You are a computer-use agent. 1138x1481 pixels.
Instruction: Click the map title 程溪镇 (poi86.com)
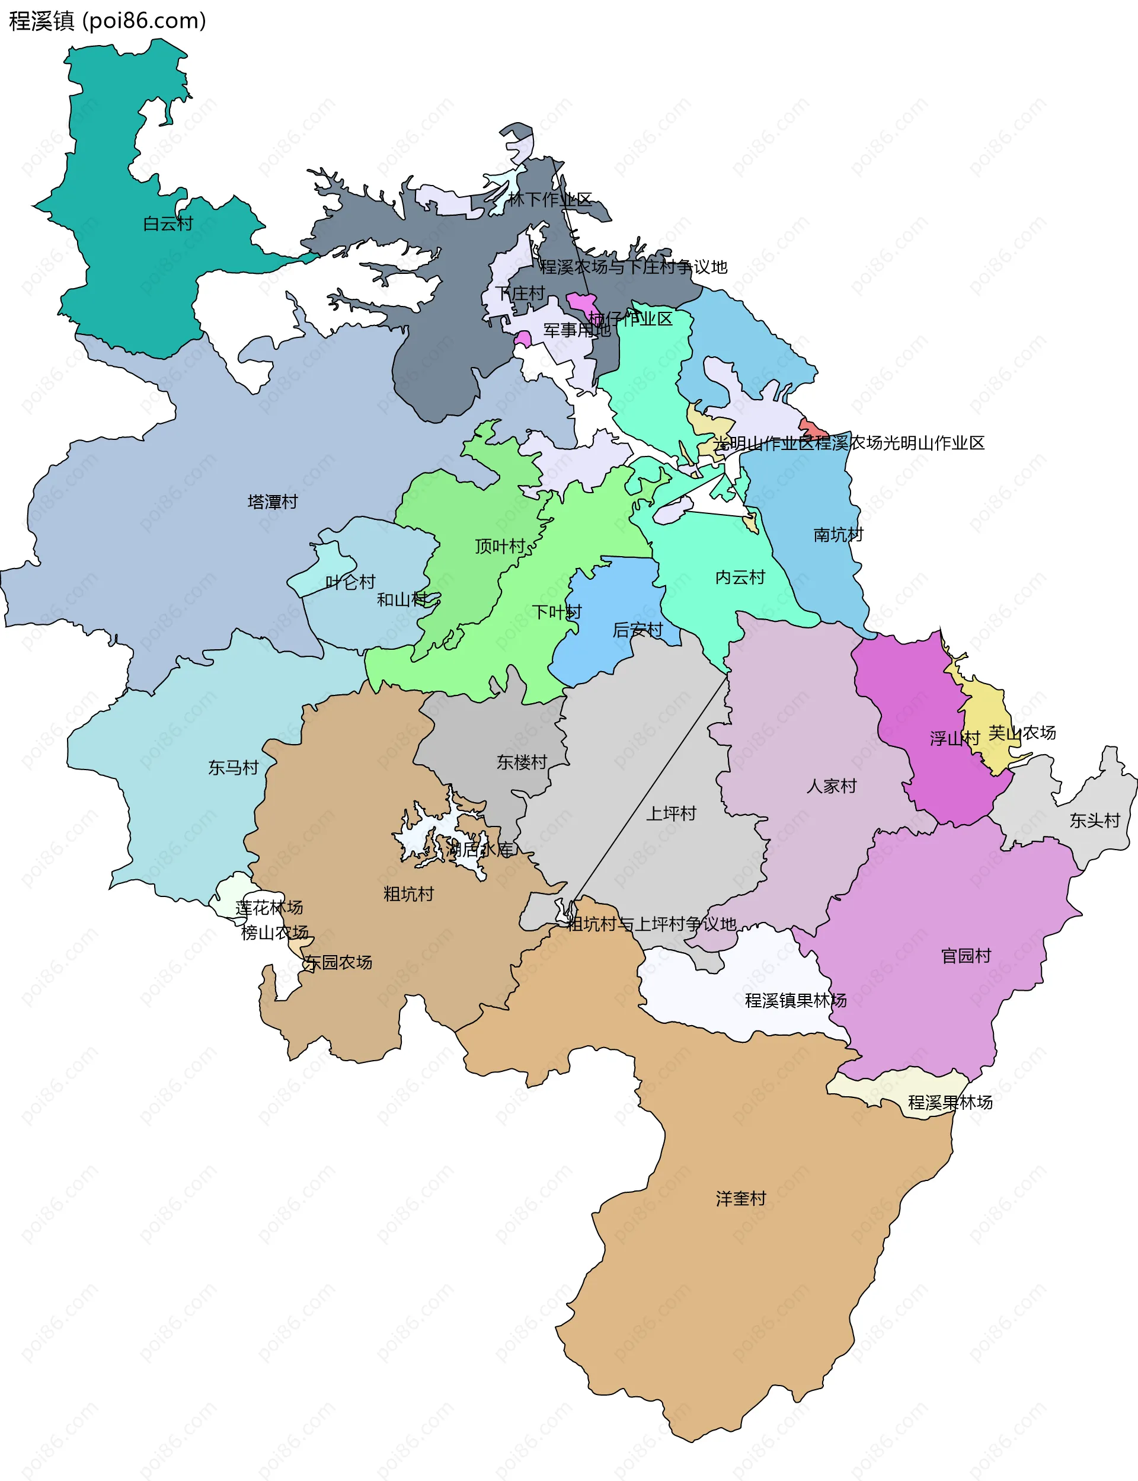coord(107,20)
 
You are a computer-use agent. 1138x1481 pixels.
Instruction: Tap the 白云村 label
coord(168,224)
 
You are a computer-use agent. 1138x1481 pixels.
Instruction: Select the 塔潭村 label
coord(272,502)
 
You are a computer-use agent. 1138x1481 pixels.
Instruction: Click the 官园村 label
coord(966,956)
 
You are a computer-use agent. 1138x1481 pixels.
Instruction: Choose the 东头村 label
coord(1094,821)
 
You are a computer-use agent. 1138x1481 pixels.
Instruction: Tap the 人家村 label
coord(831,786)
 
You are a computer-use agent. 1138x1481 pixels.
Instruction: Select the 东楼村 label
coord(522,762)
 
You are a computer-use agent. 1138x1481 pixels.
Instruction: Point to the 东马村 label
coord(233,768)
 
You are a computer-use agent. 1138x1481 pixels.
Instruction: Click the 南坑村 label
coord(838,535)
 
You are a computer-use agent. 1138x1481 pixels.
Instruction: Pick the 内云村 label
coord(740,577)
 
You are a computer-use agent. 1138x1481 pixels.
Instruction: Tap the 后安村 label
coord(637,630)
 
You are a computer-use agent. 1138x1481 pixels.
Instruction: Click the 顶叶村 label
coord(500,546)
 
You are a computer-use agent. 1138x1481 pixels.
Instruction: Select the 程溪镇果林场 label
coord(795,1001)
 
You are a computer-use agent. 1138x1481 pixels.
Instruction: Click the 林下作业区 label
coord(549,199)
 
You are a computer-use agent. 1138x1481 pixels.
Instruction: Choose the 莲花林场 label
coord(269,907)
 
